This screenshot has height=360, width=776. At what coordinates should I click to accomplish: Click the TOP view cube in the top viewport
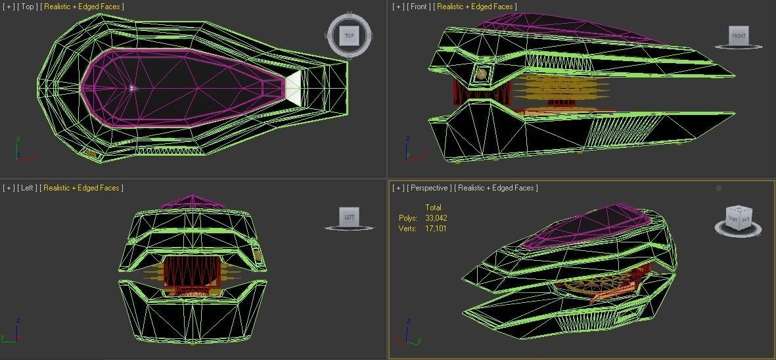click(349, 35)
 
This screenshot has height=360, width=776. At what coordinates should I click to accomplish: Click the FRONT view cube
click(739, 35)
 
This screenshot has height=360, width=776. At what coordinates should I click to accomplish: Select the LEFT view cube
click(349, 217)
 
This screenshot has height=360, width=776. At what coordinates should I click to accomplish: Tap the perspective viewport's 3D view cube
click(738, 219)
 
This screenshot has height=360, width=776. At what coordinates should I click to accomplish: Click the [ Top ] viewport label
click(27, 7)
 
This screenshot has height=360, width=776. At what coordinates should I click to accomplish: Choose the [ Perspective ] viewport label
click(430, 188)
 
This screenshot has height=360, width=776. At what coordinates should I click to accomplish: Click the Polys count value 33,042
click(436, 218)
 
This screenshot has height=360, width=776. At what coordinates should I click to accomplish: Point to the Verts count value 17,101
click(436, 229)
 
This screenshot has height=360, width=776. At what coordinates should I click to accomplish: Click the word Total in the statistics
click(433, 208)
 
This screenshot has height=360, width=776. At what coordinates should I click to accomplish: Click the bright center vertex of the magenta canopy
click(132, 87)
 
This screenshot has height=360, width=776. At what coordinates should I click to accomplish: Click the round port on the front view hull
click(482, 74)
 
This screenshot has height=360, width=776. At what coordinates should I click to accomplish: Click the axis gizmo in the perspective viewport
click(409, 335)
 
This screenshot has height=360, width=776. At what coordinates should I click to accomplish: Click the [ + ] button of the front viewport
click(398, 7)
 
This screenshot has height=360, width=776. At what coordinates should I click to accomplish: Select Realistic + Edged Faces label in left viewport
click(81, 188)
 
